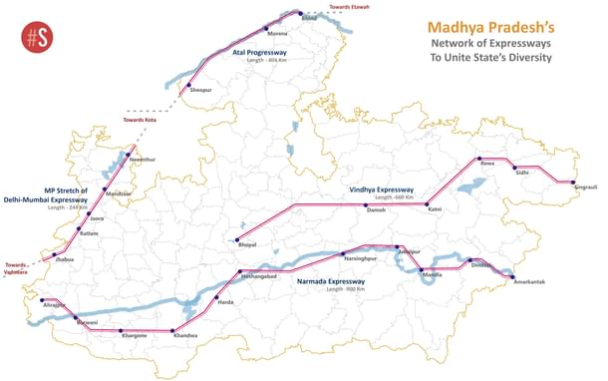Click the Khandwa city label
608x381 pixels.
[x=185, y=336]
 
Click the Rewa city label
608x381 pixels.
[x=487, y=163]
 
